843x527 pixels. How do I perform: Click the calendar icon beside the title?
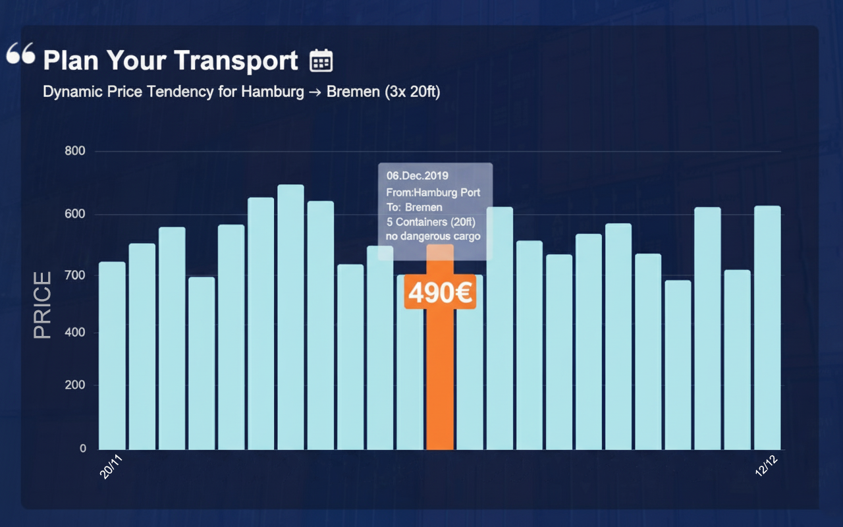tap(321, 61)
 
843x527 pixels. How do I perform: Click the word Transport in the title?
tap(239, 61)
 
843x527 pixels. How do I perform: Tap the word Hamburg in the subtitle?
tap(272, 92)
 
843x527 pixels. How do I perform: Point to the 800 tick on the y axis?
tap(76, 152)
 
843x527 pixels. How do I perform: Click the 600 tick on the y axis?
tap(76, 215)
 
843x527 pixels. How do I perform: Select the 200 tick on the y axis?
tap(76, 385)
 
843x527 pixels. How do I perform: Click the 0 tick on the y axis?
tap(83, 449)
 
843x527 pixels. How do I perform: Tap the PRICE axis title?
tap(42, 305)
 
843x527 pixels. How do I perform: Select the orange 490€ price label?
tap(439, 292)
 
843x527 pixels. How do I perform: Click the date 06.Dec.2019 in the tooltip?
tap(417, 176)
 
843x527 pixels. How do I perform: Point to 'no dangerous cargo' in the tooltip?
tap(433, 236)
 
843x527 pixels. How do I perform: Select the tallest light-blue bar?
tap(290, 316)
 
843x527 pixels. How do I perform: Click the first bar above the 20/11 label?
tap(112, 356)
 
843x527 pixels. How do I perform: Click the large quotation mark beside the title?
tap(20, 54)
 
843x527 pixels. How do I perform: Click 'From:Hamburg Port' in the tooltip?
tap(433, 192)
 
